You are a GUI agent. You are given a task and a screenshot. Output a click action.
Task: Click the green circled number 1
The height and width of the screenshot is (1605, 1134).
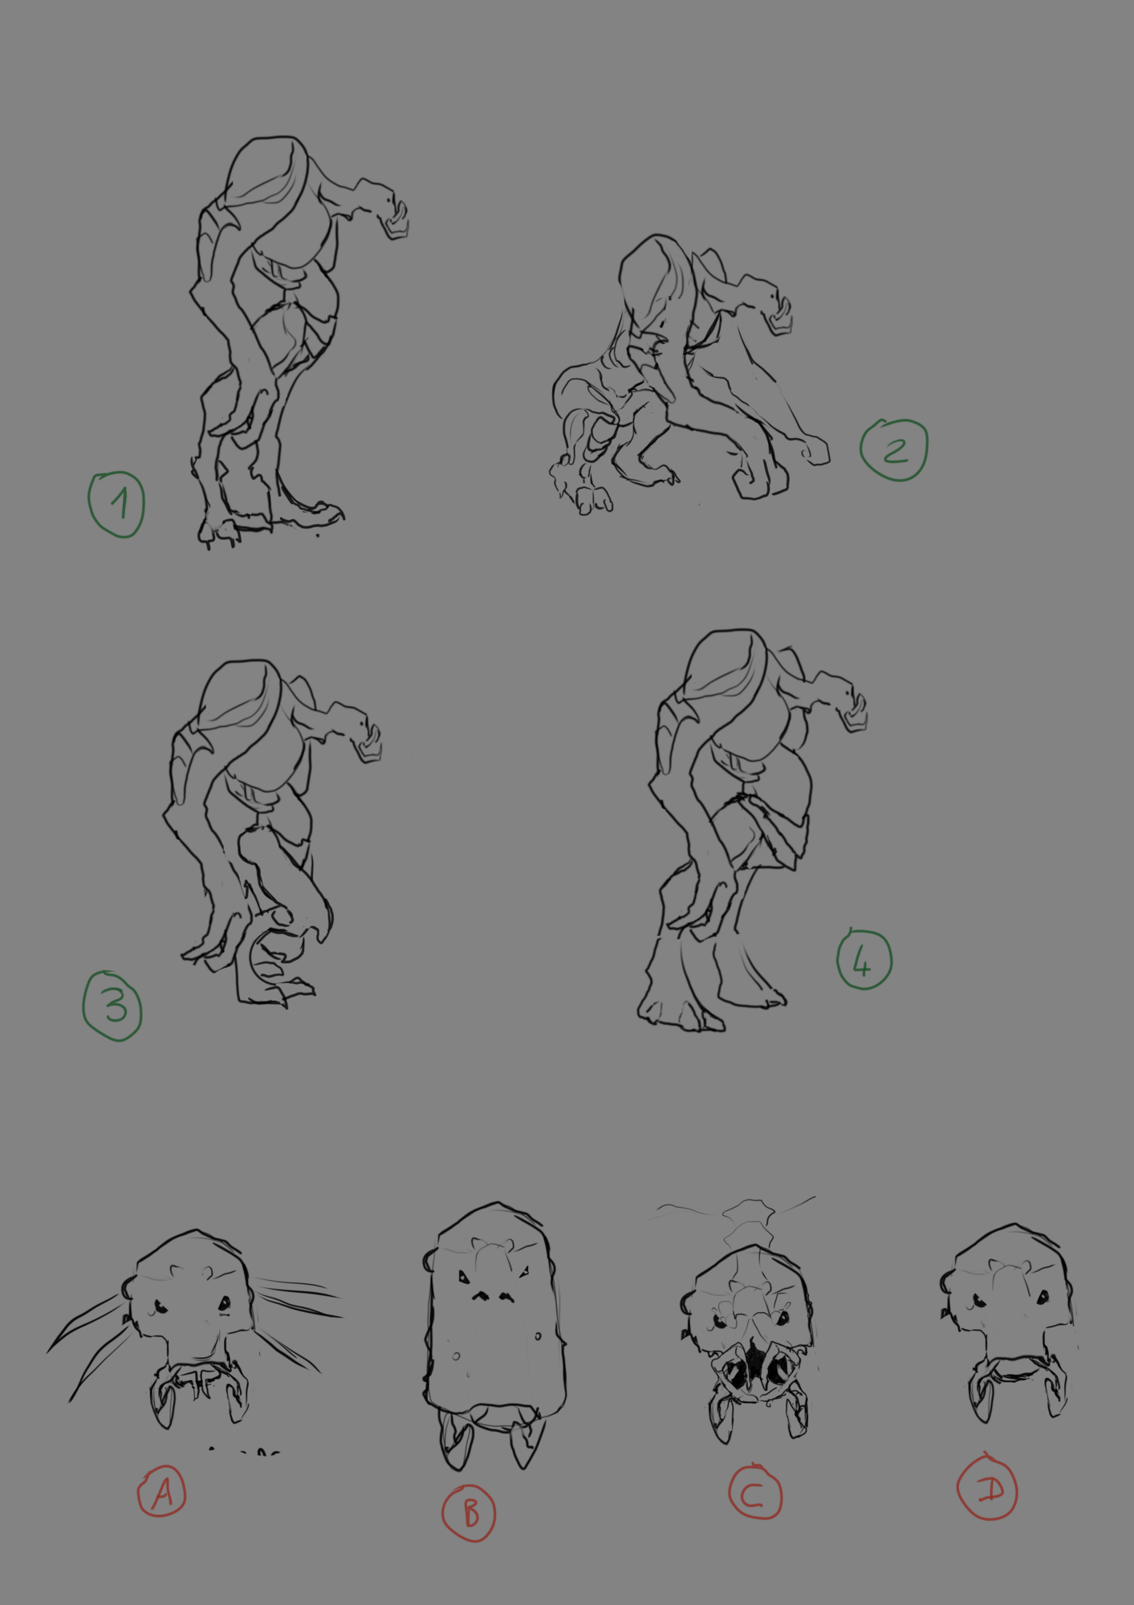[x=116, y=504]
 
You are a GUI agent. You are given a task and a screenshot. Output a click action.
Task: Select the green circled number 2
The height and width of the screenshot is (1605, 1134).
[x=894, y=449]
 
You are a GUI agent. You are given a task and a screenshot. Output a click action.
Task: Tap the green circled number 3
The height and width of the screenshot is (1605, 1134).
[x=112, y=1006]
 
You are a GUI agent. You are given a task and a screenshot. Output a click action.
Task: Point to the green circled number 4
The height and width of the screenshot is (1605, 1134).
[x=864, y=960]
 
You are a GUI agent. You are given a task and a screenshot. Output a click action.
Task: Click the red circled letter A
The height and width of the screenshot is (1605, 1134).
[x=161, y=1492]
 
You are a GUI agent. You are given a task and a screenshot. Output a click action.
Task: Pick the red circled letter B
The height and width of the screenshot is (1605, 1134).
[x=469, y=1512]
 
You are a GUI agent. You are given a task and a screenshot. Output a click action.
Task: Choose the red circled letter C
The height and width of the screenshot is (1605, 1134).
[x=754, y=1493]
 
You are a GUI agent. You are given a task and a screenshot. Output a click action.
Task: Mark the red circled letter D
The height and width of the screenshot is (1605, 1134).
[x=987, y=1489]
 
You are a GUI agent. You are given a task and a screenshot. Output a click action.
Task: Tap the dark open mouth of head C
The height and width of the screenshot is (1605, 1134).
[x=754, y=1360]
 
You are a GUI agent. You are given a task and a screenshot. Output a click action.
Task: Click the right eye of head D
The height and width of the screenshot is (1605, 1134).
[x=1043, y=1297]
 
